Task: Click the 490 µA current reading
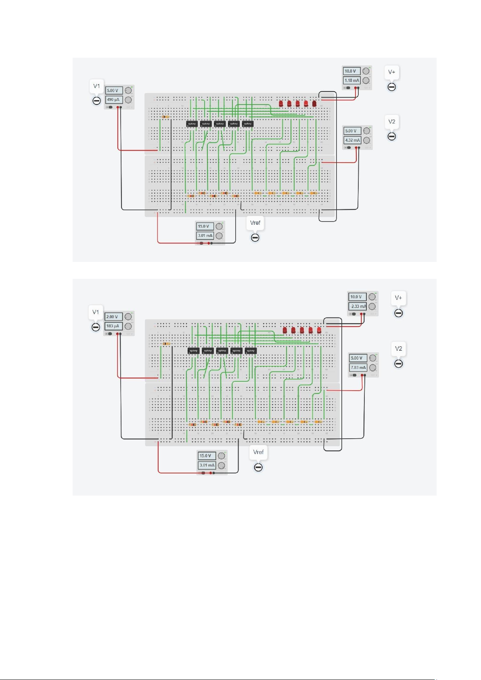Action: (x=114, y=100)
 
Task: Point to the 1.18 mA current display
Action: (x=352, y=80)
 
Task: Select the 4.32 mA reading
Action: (x=352, y=140)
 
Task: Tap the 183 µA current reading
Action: (x=113, y=326)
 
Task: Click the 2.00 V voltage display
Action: (x=113, y=317)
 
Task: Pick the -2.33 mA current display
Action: (x=358, y=306)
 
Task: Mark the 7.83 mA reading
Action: (x=358, y=368)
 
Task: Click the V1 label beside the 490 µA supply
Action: (x=96, y=86)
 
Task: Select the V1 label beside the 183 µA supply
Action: (x=96, y=312)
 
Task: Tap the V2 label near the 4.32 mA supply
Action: (x=391, y=121)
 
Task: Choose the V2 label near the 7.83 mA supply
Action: (x=398, y=348)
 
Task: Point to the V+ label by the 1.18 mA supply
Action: (x=391, y=72)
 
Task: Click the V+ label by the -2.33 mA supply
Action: (x=398, y=298)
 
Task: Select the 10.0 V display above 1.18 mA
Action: (x=351, y=71)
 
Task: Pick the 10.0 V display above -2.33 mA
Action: (x=357, y=297)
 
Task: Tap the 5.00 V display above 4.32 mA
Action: (x=352, y=131)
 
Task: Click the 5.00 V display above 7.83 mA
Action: (x=358, y=358)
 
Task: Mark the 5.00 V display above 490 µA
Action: (x=114, y=90)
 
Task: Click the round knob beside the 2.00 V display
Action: (x=128, y=317)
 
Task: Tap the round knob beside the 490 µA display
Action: (x=128, y=100)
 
